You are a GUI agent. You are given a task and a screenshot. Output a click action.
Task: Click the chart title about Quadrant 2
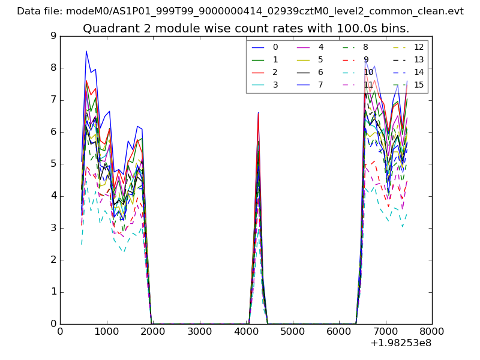pos(246,28)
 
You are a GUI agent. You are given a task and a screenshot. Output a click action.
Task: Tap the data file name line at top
pos(240,11)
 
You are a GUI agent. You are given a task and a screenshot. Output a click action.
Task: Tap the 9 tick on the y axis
pos(53,36)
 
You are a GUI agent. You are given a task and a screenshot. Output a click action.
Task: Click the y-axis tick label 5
pos(53,164)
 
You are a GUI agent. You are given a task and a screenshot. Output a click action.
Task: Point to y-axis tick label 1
pos(53,292)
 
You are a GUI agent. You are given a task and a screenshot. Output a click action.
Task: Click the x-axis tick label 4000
pos(246,331)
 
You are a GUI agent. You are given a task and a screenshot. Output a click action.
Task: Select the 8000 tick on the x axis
pos(432,331)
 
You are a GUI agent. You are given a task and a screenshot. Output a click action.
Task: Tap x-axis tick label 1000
pos(106,331)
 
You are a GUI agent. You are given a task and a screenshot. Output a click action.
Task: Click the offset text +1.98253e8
pos(401,344)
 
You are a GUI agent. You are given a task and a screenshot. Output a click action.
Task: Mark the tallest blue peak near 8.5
pos(86,51)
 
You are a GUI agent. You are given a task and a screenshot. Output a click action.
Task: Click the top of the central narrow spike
pos(258,112)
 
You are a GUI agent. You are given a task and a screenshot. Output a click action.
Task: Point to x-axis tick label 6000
pos(339,331)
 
